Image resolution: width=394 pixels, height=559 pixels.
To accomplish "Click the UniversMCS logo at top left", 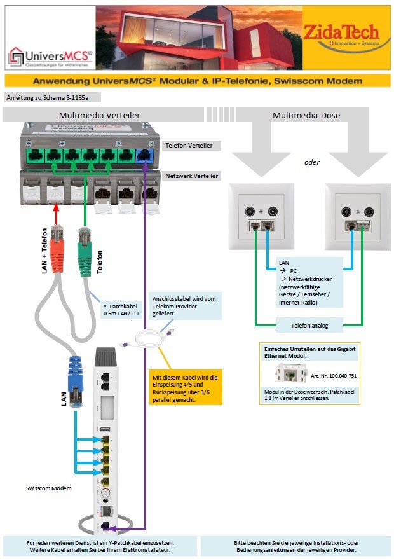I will click(x=50, y=58).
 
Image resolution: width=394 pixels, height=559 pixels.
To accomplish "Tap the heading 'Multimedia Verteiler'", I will click(x=100, y=115).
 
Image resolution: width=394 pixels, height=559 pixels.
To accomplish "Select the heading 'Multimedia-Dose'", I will click(x=306, y=115).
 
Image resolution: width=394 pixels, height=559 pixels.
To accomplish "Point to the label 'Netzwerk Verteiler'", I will click(x=192, y=176).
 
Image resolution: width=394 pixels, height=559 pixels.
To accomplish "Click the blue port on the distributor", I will click(x=146, y=155).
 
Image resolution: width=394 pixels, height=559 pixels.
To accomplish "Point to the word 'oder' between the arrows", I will click(x=311, y=162).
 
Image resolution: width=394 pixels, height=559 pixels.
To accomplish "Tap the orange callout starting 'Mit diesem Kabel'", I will click(x=186, y=387).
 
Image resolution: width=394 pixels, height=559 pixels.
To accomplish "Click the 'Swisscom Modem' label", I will click(x=49, y=488).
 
